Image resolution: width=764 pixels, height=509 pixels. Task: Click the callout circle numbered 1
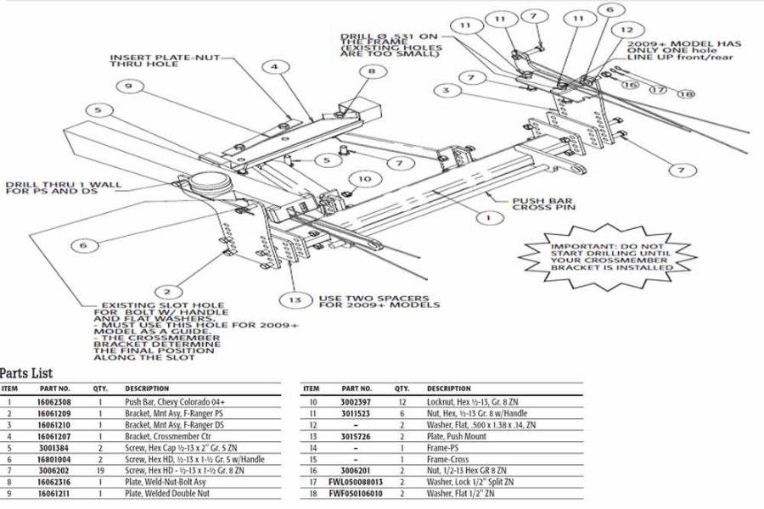click(487, 218)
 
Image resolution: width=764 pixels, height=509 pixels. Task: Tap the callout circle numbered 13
click(295, 299)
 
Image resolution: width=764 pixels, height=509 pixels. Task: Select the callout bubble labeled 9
click(129, 86)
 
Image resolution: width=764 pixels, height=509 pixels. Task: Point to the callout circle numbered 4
click(275, 66)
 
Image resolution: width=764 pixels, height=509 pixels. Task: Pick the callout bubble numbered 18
click(685, 93)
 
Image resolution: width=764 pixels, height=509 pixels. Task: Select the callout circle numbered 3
click(445, 90)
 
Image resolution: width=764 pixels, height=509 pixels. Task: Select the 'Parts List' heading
click(26, 373)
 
